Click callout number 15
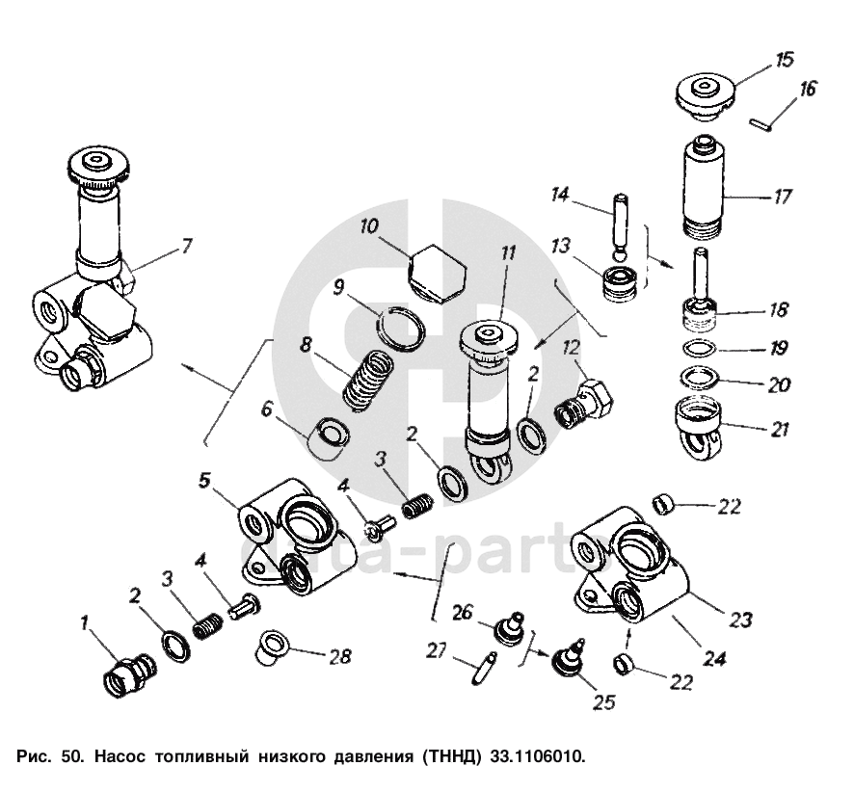[x=785, y=61]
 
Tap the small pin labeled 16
[x=760, y=122]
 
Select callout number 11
[x=508, y=255]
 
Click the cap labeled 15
[x=706, y=95]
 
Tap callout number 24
[x=714, y=660]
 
